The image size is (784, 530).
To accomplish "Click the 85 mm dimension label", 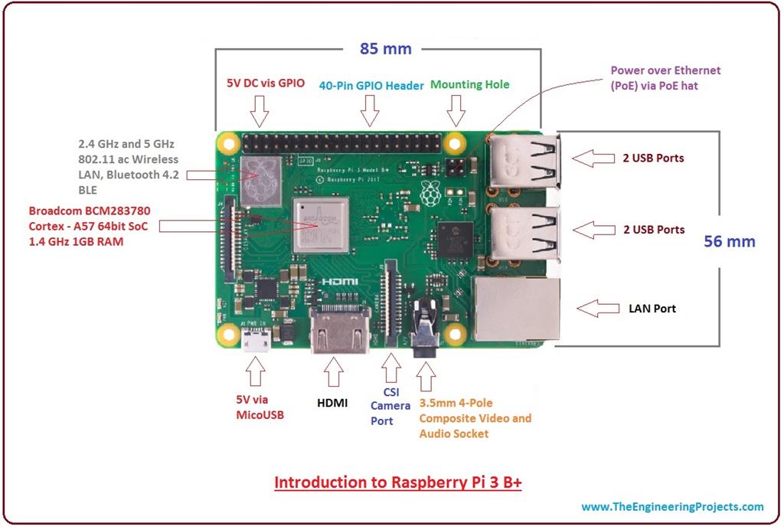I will pos(386,49).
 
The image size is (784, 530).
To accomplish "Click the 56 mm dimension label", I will pos(729,241).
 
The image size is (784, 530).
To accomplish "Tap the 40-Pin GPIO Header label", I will pos(371,86).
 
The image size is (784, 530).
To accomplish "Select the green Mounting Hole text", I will pos(469,85).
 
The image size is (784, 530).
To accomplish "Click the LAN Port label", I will pos(652,309).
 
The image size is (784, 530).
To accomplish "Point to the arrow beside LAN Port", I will pos(597,309).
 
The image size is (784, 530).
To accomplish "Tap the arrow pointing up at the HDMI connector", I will pos(333,372).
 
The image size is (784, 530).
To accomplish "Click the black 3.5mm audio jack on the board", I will pos(423,329).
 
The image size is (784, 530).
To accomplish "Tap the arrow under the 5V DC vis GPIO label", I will pos(260,111).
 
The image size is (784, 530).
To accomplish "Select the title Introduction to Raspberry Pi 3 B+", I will pos(397,483).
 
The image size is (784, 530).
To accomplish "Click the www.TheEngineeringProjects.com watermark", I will pos(672,506).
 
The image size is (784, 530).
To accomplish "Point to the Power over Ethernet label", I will pos(665,78).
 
